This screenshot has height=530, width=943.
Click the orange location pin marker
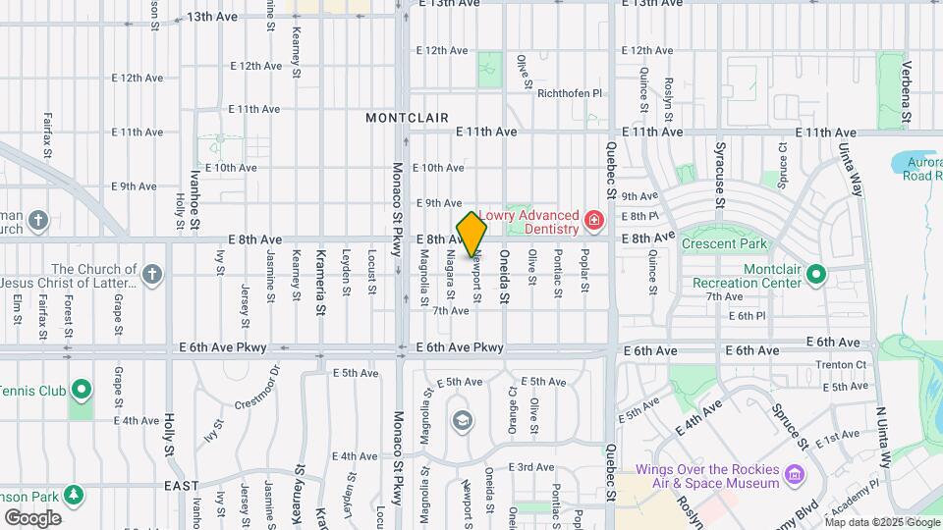(472, 234)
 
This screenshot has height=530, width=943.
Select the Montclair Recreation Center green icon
(815, 276)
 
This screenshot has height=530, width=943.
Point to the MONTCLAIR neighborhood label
(407, 118)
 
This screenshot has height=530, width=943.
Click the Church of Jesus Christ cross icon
(151, 275)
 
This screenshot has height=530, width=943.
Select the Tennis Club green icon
(82, 392)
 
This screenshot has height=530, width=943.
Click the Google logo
(31, 517)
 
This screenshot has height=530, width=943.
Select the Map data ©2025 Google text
(882, 522)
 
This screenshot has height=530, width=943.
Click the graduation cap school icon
(461, 421)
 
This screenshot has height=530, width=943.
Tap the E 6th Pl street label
(747, 315)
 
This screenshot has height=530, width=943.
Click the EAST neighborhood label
(182, 486)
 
